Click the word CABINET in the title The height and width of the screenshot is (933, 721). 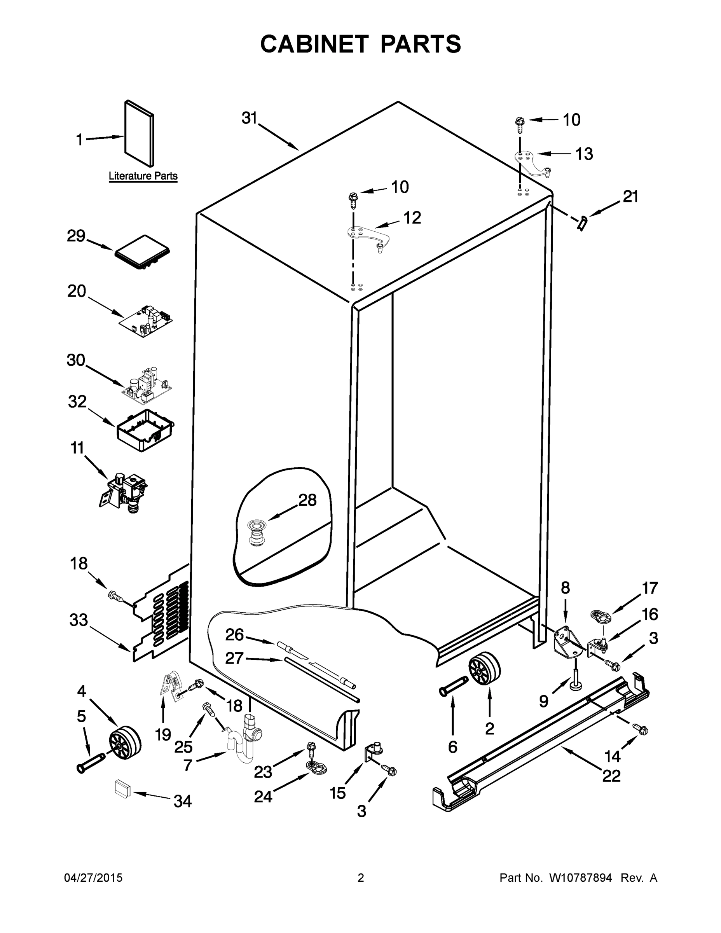[x=314, y=44]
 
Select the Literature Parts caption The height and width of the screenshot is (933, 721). [x=143, y=176]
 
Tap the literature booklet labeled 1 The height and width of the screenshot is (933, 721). [x=139, y=133]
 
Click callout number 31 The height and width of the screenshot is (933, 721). [x=249, y=118]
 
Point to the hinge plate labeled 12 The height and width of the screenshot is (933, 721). [x=367, y=236]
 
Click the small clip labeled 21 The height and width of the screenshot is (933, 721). [x=582, y=223]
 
